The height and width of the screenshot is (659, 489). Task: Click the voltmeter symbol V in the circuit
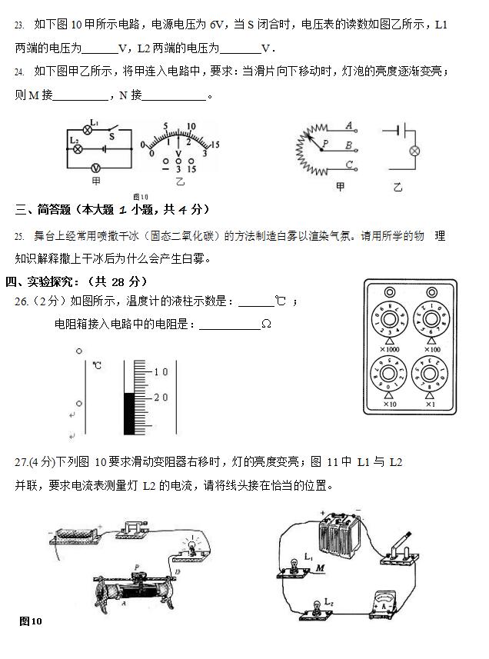click(x=96, y=167)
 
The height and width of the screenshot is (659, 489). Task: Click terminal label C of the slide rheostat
click(x=348, y=164)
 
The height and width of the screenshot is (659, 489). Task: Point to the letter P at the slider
click(x=325, y=144)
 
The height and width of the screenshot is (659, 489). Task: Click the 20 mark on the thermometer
click(x=161, y=397)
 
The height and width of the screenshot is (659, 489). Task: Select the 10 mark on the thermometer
click(x=161, y=372)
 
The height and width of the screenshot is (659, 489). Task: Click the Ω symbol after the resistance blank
click(x=266, y=325)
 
